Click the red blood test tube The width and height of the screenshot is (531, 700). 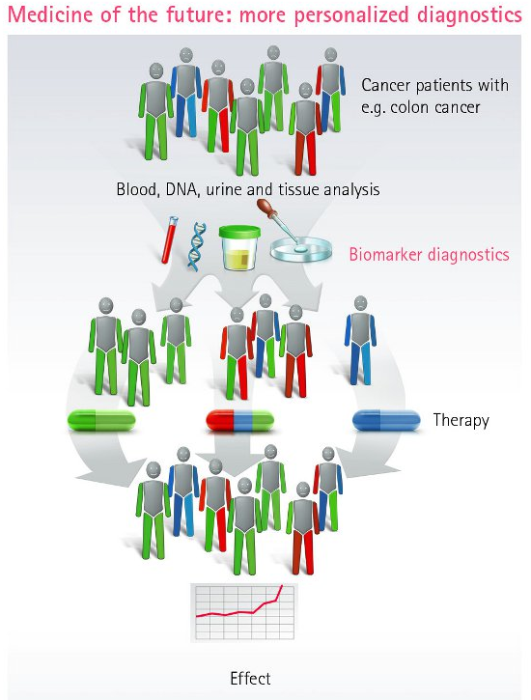170,239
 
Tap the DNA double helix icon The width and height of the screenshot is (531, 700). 196,247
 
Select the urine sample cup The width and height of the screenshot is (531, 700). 239,248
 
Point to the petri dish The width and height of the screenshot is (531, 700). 301,249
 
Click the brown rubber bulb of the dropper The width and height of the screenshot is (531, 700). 265,209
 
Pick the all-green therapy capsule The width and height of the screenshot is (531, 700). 101,420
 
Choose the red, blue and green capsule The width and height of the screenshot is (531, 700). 240,420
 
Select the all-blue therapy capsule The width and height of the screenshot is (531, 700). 386,420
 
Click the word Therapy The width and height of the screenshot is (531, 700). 461,421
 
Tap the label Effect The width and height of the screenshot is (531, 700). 250,679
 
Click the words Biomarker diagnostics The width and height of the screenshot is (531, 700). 429,255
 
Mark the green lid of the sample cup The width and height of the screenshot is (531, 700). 239,232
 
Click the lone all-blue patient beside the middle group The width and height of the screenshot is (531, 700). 360,340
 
